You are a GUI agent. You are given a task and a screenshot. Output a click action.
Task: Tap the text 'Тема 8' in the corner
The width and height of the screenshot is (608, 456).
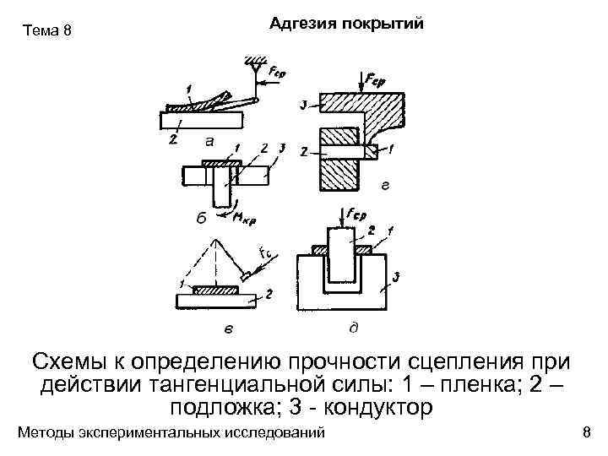click(x=48, y=32)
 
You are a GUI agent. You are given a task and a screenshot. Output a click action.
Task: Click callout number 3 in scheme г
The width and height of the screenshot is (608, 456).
click(x=303, y=105)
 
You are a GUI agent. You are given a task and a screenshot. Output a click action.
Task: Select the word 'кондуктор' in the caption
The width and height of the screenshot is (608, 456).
click(x=374, y=408)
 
